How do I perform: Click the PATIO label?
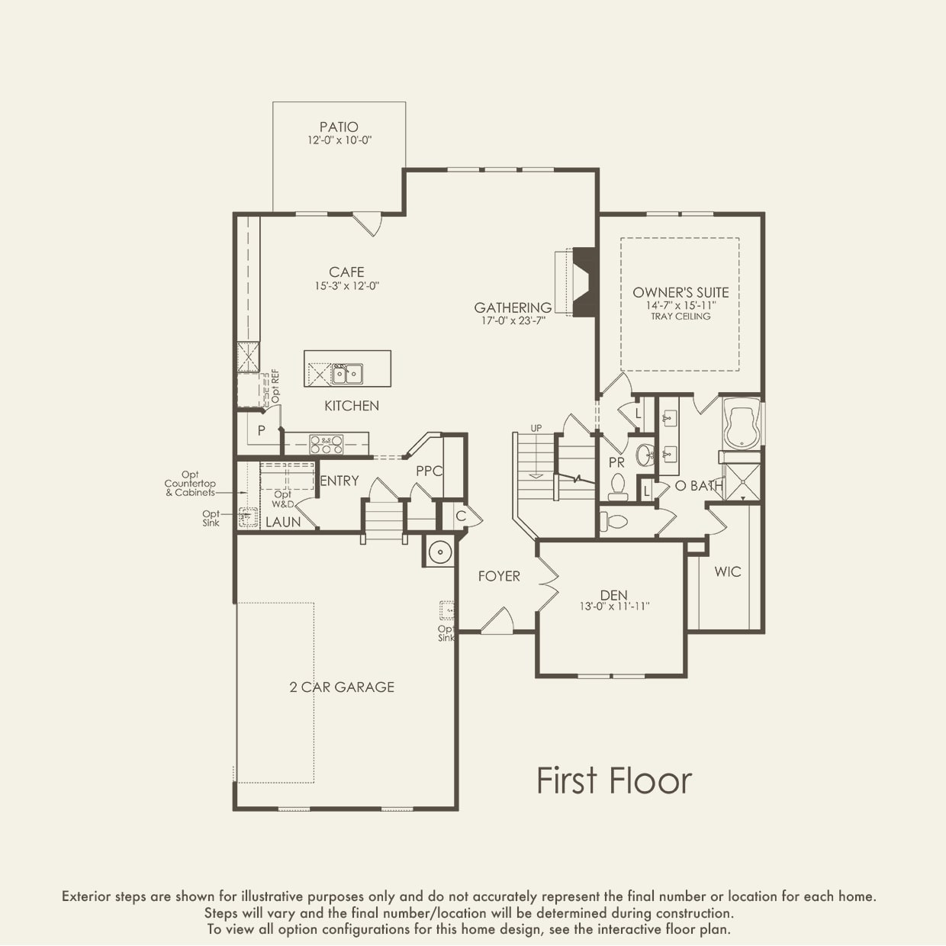[339, 127]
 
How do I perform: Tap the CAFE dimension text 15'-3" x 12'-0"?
[346, 286]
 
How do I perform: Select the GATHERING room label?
[513, 307]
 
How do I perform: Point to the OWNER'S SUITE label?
[681, 293]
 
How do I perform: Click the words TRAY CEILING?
[681, 317]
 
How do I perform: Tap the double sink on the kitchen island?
[347, 374]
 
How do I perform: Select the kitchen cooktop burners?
[326, 445]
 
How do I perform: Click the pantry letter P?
[262, 430]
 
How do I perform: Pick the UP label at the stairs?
[536, 428]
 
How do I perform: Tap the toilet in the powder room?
[618, 487]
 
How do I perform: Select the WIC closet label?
[728, 572]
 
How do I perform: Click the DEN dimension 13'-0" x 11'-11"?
[614, 607]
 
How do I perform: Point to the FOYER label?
[499, 576]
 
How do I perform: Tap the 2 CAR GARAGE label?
[342, 687]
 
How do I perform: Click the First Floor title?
[614, 780]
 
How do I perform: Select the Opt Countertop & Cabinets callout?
[190, 484]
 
